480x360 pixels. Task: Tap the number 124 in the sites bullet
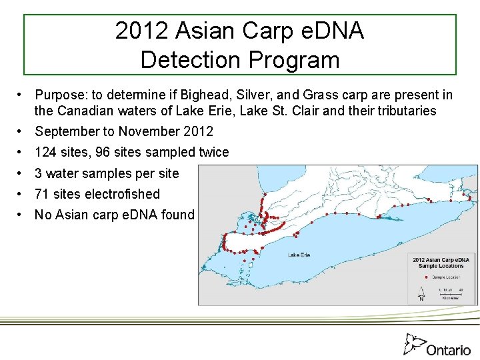coord(46,152)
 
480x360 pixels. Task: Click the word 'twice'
coord(213,152)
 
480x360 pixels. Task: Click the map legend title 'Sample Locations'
coord(441,265)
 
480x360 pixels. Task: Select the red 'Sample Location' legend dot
coord(426,276)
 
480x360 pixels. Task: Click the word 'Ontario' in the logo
coord(449,350)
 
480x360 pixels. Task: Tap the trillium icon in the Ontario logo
coord(413,344)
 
